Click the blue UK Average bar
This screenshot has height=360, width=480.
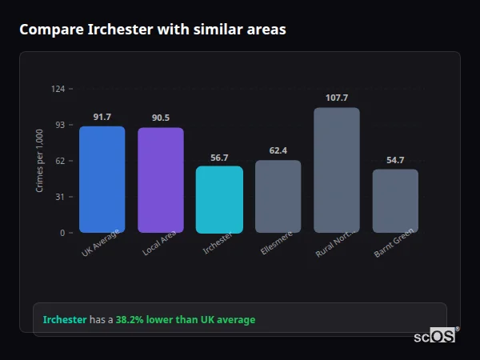[102, 179]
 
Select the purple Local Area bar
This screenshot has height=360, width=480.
[160, 180]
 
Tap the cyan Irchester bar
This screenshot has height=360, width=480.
[219, 199]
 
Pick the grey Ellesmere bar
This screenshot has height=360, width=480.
[278, 196]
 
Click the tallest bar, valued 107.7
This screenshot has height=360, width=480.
[337, 170]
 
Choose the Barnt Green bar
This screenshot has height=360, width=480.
[395, 201]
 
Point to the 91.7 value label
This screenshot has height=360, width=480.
[102, 117]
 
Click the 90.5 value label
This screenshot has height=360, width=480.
[160, 118]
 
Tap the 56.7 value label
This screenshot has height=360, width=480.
[219, 158]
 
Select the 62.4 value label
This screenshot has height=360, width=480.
[278, 150]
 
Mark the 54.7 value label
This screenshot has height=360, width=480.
[395, 160]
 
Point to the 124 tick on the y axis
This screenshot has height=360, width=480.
[58, 89]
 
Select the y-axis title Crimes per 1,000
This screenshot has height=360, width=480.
[40, 160]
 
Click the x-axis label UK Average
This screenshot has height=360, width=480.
[101, 242]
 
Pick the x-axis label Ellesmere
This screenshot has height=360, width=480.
[277, 242]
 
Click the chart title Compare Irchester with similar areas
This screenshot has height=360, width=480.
[152, 30]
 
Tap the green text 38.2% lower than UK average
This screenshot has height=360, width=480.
[185, 320]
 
